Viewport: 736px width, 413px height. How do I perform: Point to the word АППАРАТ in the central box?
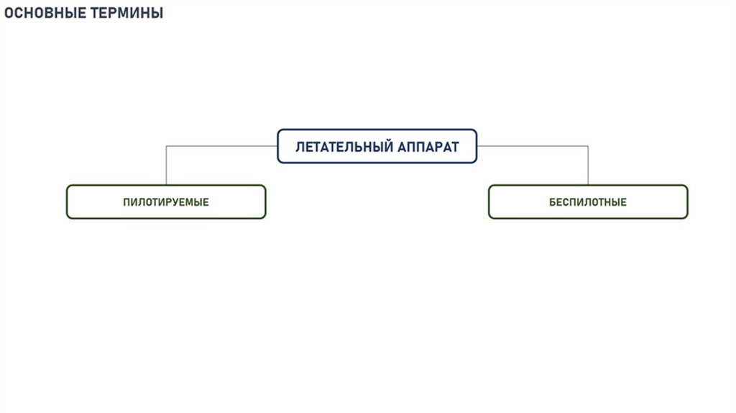click(428, 147)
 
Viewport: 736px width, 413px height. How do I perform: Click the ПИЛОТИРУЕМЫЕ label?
click(166, 202)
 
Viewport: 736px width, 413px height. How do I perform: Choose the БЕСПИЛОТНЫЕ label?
click(588, 202)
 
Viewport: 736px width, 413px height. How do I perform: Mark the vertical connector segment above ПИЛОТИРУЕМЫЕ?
click(166, 165)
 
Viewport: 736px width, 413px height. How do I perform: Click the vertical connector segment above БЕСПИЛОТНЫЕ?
click(588, 165)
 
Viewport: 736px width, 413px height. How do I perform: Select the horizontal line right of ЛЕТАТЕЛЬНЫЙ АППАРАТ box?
click(532, 146)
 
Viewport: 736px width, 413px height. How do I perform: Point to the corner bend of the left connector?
click(166, 146)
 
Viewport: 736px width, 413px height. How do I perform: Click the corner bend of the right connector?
click(588, 146)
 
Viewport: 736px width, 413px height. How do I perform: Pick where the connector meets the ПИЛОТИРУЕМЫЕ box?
click(166, 185)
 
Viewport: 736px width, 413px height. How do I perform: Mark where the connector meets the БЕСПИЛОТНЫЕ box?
click(588, 185)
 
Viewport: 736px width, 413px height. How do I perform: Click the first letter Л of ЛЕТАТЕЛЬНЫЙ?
click(300, 147)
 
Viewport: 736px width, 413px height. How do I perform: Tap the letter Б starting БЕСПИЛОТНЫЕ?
click(553, 202)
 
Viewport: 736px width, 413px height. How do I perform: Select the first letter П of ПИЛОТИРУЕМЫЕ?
click(126, 202)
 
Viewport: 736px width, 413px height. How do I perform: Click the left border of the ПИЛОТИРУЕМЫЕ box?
click(67, 202)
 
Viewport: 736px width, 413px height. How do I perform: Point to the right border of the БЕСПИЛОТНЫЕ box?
click(687, 202)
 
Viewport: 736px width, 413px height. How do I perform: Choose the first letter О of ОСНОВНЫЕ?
click(9, 13)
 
